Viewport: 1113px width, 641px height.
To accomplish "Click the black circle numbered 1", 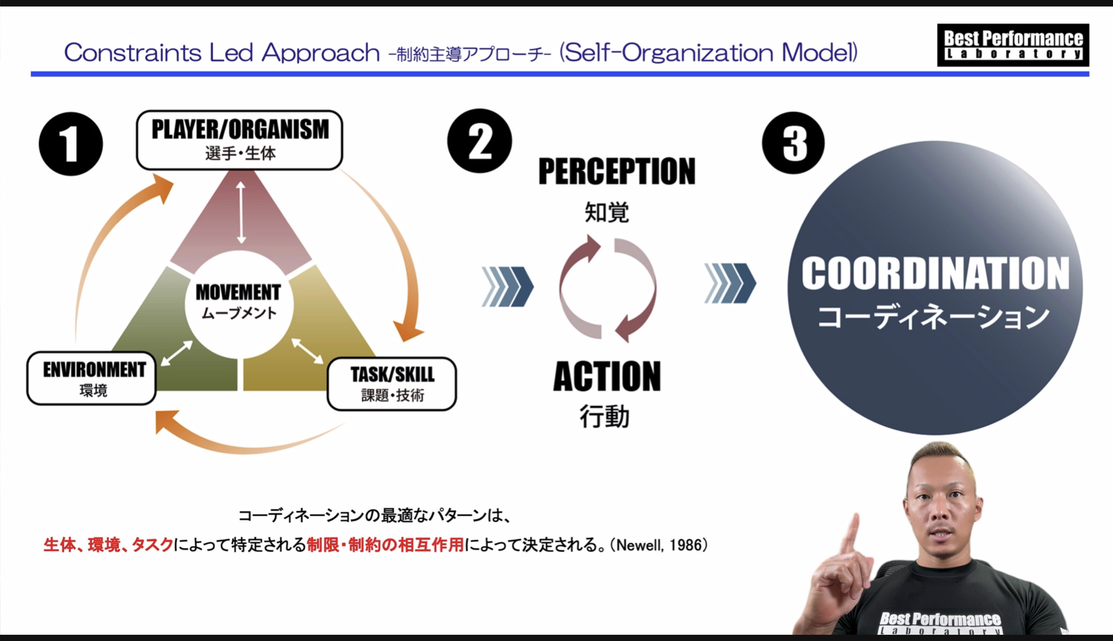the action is coord(71,144).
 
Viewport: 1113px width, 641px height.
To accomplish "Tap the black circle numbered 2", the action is coord(480,141).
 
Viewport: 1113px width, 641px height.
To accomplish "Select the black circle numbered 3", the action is coord(793,143).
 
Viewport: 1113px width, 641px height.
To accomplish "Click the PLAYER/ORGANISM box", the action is coord(240,140).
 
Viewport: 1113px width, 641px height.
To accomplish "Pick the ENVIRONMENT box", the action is coord(92,378).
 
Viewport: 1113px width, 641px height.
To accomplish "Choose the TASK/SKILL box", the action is coord(392,384).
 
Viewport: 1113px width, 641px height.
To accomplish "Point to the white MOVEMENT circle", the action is coord(239,305).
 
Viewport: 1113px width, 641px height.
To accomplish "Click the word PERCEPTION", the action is coord(617,171).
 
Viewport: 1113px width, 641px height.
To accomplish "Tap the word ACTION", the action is coord(607,376).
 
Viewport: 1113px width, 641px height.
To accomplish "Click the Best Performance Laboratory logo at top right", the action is coord(1013,45).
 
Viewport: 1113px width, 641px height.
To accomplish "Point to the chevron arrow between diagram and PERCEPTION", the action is coord(508,286).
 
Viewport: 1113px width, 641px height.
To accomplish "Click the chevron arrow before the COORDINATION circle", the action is coord(730,283).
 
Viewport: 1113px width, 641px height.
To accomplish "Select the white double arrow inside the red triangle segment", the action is coord(241,212).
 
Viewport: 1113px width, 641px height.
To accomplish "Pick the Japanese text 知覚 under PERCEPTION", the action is coord(607,213).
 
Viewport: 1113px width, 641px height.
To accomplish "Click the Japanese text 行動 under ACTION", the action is coord(605,416).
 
